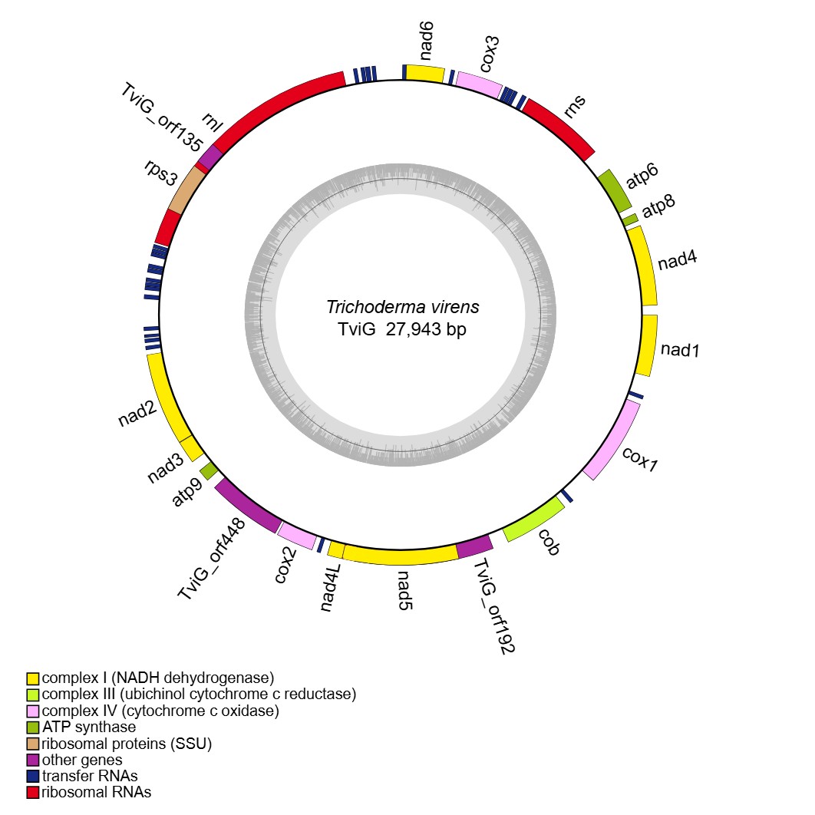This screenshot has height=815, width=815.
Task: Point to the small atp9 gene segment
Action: coord(207,468)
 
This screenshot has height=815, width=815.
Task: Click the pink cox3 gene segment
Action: coord(479,83)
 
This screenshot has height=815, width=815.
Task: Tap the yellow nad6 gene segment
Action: coord(424,73)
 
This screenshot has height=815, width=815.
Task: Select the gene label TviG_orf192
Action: coord(493,606)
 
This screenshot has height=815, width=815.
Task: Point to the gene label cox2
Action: coord(285,566)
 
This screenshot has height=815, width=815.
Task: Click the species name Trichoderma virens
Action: coord(403,307)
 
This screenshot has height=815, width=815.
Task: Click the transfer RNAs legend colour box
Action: coord(33,776)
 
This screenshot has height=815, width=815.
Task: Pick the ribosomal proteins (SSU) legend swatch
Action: coord(33,744)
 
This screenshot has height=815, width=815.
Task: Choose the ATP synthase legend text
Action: coord(89,727)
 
